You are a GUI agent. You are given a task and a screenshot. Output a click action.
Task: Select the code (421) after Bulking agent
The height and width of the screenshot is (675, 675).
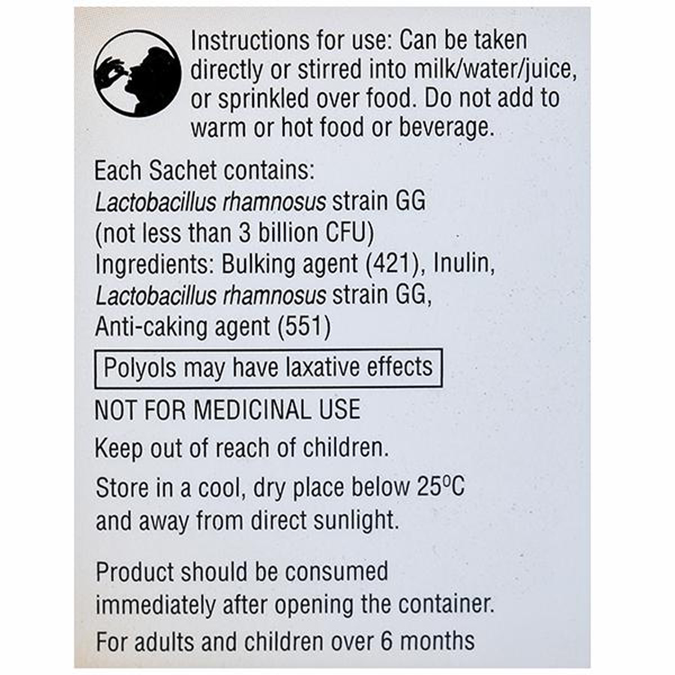[395, 264]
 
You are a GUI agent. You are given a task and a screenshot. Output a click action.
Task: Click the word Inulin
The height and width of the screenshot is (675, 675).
[464, 264]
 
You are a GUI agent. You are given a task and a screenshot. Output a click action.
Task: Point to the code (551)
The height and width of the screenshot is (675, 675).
[304, 326]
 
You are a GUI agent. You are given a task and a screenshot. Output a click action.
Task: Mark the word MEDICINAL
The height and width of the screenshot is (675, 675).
[252, 409]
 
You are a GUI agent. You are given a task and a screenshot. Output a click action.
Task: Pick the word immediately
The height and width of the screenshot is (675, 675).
[155, 605]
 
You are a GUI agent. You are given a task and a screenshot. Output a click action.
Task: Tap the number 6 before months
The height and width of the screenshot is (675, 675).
[386, 641]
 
